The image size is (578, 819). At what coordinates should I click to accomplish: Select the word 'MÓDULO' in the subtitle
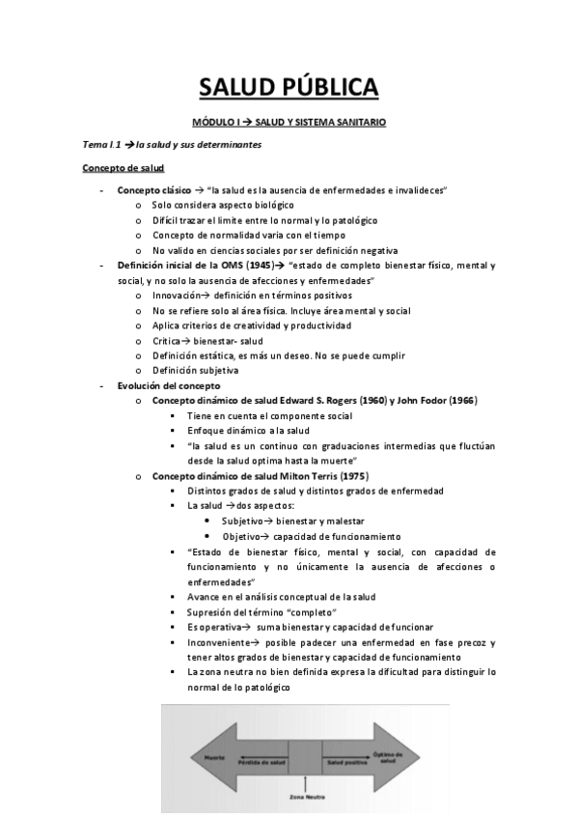[x=216, y=123]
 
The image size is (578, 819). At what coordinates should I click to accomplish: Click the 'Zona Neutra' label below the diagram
[x=305, y=798]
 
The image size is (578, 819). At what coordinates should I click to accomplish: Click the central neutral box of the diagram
[x=305, y=757]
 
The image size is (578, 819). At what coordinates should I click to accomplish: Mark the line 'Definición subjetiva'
[x=197, y=370]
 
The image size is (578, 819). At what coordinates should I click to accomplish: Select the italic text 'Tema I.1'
[x=101, y=145]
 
